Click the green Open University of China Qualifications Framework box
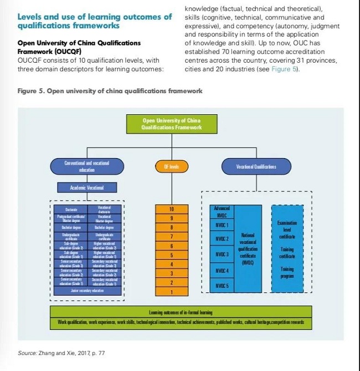pos(172,124)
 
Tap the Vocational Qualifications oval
pos(256,166)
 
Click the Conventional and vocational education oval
pos(86,166)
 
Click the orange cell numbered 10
pos(171,209)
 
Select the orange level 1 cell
pos(171,292)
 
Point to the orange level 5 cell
pos(171,255)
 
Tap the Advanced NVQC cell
pos(222,211)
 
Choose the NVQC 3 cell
pos(222,254)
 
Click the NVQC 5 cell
pos(222,285)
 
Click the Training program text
pos(287,272)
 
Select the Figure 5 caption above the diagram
pos(110,91)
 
